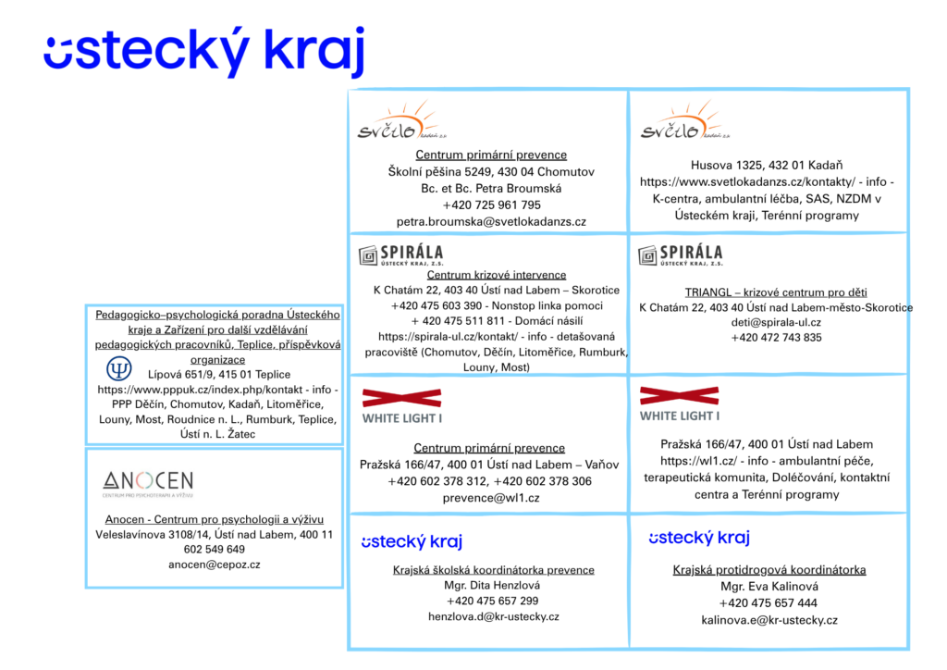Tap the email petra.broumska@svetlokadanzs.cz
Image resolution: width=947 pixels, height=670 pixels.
tap(491, 222)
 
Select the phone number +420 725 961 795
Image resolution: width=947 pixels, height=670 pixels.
tap(491, 205)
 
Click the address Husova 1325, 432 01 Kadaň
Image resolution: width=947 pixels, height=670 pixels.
tap(767, 165)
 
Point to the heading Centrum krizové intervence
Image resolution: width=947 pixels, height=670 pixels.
tap(497, 275)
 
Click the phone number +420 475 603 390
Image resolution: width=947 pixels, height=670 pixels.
tap(437, 305)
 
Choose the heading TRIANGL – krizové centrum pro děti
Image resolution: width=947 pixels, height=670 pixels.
tap(776, 292)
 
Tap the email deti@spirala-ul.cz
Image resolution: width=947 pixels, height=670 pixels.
tap(776, 322)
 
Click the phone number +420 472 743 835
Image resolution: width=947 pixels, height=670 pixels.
tap(776, 337)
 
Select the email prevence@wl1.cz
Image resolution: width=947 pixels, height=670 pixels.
tap(491, 498)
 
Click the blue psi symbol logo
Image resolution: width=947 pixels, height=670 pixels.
tap(119, 368)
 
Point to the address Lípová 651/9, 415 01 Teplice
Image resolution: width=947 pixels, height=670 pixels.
tap(219, 375)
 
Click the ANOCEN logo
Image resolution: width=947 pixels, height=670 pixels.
tap(148, 483)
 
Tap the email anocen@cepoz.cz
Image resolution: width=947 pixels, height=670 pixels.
tap(215, 565)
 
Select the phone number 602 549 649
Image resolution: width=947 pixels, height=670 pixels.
tap(215, 549)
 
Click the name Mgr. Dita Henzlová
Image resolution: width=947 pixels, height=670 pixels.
tap(492, 585)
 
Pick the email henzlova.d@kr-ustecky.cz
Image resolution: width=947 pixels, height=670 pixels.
tap(494, 616)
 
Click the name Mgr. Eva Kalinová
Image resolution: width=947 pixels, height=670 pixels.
tap(769, 586)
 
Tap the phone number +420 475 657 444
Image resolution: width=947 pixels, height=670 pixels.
tap(769, 603)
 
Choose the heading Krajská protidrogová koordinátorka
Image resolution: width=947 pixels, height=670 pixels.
tap(769, 570)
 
